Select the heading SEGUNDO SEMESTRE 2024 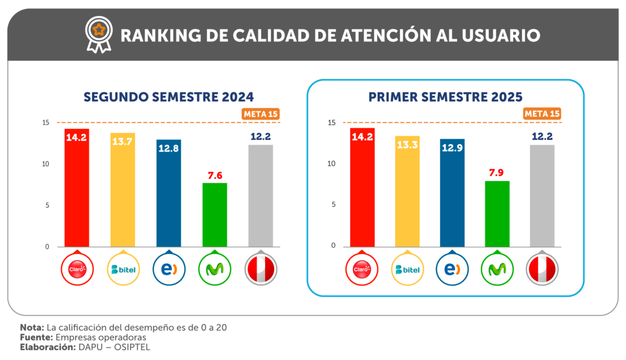click(168, 97)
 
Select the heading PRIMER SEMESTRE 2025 click(446, 97)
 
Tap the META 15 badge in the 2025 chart click(542, 114)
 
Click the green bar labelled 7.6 click(214, 214)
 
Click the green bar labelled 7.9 click(497, 213)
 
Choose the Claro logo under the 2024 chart click(77, 269)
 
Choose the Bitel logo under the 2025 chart click(407, 269)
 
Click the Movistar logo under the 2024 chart click(214, 269)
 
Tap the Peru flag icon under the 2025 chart click(543, 269)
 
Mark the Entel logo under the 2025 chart click(452, 269)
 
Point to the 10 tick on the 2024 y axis click(46, 164)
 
